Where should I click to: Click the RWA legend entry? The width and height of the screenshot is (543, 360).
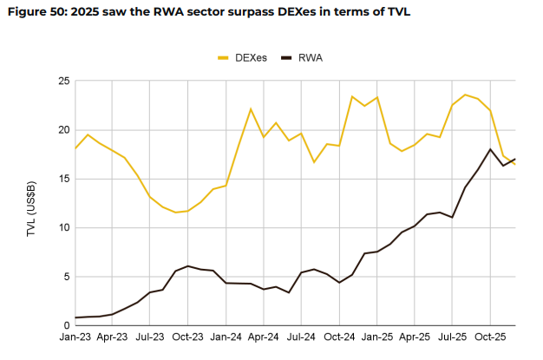coord(310,57)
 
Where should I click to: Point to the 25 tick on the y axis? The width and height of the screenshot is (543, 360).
coord(63,81)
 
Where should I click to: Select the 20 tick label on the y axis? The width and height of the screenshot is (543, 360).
coord(63,130)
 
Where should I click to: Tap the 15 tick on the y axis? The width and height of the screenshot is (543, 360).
coord(63,179)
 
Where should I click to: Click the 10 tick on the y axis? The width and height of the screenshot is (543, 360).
coord(63,228)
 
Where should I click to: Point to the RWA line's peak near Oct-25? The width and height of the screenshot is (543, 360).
coord(490,149)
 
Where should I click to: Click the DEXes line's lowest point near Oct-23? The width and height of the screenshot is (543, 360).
coord(176,213)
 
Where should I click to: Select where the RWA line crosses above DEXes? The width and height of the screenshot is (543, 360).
coord(512,160)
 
